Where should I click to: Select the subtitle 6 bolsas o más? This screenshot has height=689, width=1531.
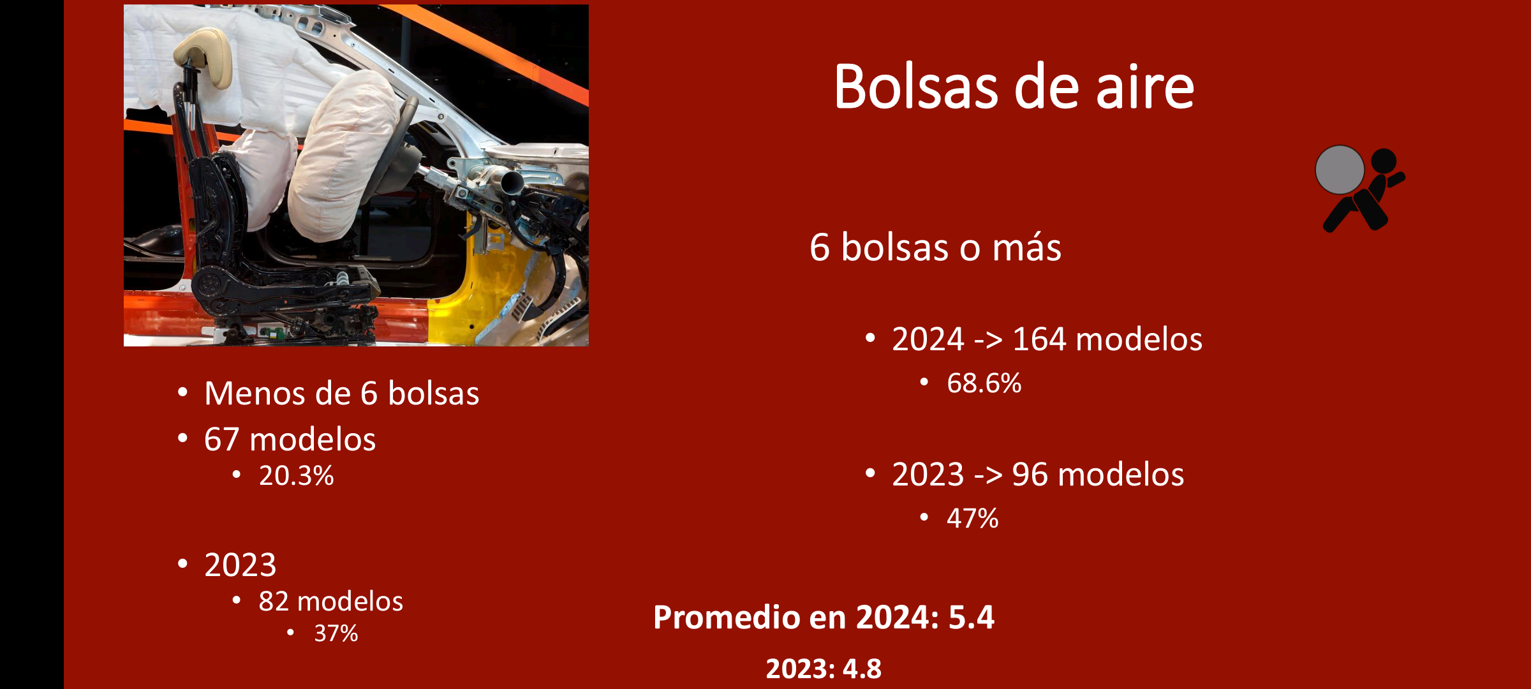click(935, 248)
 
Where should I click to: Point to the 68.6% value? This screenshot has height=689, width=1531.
click(984, 383)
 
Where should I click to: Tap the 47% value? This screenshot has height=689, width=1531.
click(972, 519)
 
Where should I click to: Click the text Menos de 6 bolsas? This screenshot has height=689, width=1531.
click(341, 394)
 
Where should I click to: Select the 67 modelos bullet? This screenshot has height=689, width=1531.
click(290, 440)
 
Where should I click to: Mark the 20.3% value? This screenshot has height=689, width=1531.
click(296, 476)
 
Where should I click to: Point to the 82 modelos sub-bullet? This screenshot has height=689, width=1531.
click(330, 602)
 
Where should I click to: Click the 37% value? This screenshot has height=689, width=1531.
click(336, 633)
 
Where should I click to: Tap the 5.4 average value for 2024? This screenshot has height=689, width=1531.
click(971, 618)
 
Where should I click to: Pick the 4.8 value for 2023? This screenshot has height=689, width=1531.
click(862, 669)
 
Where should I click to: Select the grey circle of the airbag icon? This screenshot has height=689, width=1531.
click(1340, 170)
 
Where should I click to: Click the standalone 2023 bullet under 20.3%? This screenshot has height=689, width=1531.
click(240, 565)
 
